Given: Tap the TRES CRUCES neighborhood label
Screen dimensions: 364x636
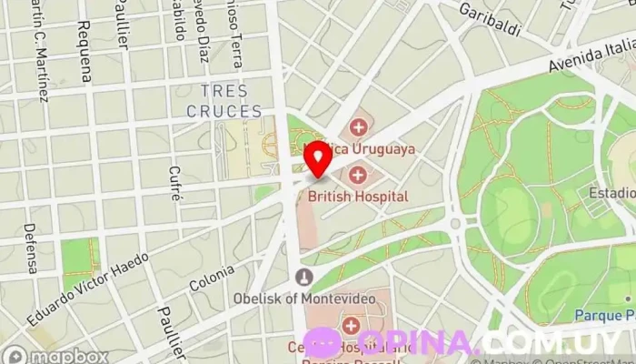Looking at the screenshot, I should click(224, 102).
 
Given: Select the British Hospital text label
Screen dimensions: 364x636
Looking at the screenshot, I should click(357, 196).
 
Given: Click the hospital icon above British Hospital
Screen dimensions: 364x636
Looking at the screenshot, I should click(358, 174).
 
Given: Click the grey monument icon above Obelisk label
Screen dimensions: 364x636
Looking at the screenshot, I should click(304, 278).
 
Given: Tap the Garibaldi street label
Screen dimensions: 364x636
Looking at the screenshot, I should click(489, 19).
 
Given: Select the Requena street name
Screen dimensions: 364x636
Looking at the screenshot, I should click(85, 52).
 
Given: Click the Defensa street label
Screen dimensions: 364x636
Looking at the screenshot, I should click(31, 248).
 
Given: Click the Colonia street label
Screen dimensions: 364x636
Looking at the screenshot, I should click(212, 278).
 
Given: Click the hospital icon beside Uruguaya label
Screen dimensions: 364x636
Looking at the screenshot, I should click(358, 127).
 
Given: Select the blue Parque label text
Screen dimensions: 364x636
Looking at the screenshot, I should click(603, 316).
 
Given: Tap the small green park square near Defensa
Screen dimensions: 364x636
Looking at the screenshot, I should click(80, 257).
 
